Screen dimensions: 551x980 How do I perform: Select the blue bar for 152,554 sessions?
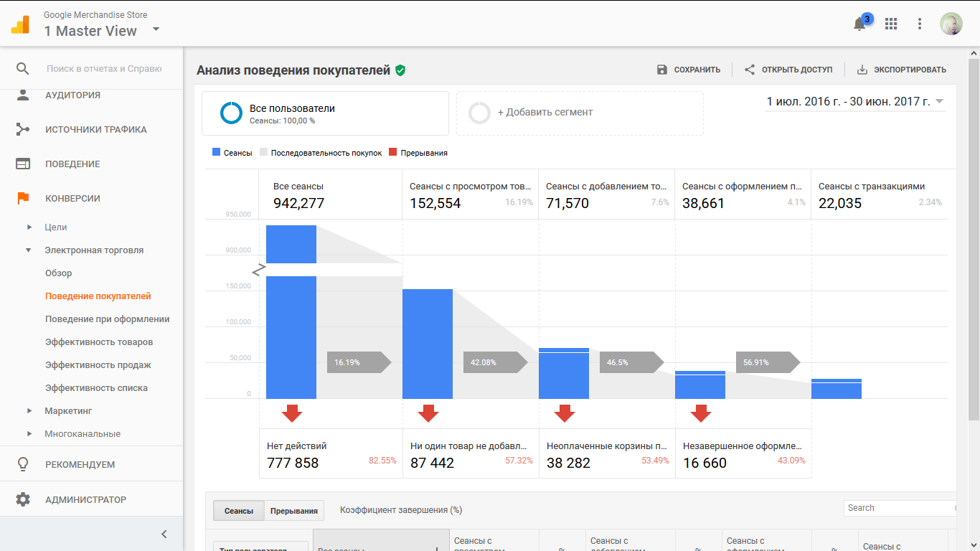pos(428,344)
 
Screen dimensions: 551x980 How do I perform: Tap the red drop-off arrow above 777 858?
pos(291,413)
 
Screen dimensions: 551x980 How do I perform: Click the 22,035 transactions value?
pos(840,203)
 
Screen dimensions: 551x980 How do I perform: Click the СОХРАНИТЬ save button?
pos(689,70)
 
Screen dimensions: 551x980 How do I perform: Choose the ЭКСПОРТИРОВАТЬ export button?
pos(902,70)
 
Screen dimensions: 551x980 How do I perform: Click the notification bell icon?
pos(859,24)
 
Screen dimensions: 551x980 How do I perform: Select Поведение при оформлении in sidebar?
pos(107,319)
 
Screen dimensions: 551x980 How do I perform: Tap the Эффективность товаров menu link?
pos(99,342)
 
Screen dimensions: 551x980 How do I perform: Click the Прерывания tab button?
pos(294,511)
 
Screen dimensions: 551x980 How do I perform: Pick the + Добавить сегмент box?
pos(580,113)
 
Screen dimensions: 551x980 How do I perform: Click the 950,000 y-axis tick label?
pos(237,215)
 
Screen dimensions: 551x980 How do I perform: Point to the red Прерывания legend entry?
pos(418,153)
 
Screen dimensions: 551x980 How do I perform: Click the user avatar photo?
pos(951,24)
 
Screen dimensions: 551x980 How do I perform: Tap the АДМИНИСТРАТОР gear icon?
pos(23,499)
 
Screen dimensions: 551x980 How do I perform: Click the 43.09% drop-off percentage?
pos(791,461)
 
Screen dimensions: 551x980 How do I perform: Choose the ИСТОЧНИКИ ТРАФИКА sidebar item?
pos(95,130)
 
